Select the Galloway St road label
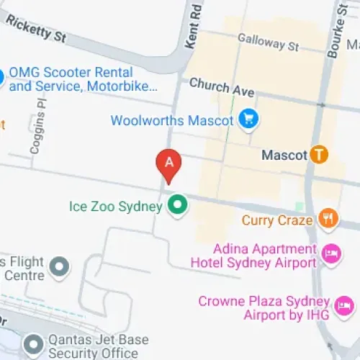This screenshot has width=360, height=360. (268, 42)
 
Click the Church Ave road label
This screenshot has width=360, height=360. (222, 89)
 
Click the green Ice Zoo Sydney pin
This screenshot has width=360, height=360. (177, 207)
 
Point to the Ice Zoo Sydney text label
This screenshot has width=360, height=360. (115, 207)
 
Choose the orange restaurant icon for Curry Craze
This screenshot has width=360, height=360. (328, 219)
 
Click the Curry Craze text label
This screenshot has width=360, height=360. (277, 220)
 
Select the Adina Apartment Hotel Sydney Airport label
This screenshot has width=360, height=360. (253, 256)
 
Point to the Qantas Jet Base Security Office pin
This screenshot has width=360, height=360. (32, 346)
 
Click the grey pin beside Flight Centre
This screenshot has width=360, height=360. (60, 267)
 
